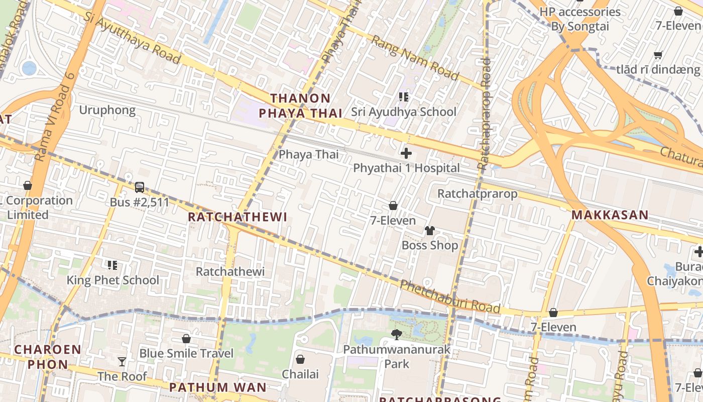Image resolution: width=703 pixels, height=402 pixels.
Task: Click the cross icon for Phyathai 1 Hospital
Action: click(x=406, y=153)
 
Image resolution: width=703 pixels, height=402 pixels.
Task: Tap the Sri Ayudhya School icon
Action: click(x=404, y=96)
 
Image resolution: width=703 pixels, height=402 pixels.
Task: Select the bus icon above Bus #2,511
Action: click(x=140, y=187)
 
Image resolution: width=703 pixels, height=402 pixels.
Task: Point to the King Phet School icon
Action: click(x=112, y=265)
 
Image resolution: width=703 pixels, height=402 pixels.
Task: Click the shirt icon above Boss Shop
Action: click(x=430, y=231)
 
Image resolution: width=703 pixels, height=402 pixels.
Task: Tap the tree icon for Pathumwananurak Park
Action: click(x=397, y=334)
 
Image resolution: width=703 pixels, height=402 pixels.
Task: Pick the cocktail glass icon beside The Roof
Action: click(x=122, y=361)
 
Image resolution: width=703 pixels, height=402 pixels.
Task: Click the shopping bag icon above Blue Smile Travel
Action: click(x=186, y=339)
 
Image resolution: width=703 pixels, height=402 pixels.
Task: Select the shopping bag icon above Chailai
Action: click(x=300, y=359)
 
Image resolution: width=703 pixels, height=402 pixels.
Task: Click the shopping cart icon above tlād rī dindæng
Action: click(x=658, y=55)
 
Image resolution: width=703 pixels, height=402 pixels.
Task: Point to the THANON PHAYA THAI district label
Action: click(x=300, y=106)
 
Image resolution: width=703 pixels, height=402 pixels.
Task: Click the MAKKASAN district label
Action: click(x=610, y=215)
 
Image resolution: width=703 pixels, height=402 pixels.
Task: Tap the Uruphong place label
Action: click(x=107, y=110)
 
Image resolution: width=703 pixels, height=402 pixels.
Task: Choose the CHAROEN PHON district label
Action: click(x=48, y=357)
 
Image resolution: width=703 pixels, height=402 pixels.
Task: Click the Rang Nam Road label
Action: click(x=415, y=58)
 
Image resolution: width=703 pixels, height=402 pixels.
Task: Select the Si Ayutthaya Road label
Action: click(x=132, y=38)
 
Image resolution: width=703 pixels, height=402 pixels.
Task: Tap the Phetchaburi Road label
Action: click(x=450, y=296)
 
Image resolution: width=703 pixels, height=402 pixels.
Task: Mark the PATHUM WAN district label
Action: click(x=217, y=387)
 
